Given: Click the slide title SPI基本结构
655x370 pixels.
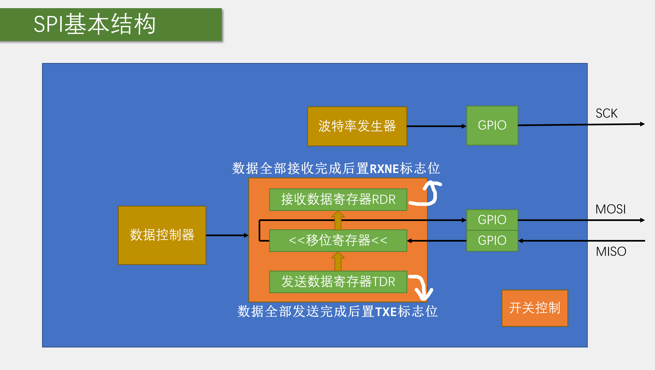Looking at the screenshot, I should pos(95,24).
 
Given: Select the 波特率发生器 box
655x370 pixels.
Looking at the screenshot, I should pos(357,126).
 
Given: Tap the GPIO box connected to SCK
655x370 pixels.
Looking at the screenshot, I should pos(492,125).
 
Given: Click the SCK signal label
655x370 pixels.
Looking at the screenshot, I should pos(606,113).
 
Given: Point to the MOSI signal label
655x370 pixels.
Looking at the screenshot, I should pos(610,209).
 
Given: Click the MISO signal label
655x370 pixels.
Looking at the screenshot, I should pos(611,252).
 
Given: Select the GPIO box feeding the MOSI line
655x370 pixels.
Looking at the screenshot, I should pos(492,220).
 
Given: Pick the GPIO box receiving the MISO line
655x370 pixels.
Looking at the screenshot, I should pos(492,241).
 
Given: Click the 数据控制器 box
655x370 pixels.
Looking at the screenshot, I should pos(162,235).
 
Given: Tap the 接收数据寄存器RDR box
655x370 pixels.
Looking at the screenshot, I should pos(338,200).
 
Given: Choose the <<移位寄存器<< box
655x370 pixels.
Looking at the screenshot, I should pos(338,241).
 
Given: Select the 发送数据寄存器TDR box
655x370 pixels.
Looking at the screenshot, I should pos(338,282).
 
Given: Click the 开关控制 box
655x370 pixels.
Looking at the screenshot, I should pos(534,308).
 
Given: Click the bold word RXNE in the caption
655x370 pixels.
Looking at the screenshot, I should pos(384,169).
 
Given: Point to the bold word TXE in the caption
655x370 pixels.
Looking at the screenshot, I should pos(386,312).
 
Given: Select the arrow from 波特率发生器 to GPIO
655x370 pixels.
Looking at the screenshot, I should pos(436,126).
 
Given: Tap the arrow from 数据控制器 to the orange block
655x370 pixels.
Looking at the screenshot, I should pos(227,235).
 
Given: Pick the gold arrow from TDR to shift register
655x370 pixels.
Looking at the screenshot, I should pos(338,261).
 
